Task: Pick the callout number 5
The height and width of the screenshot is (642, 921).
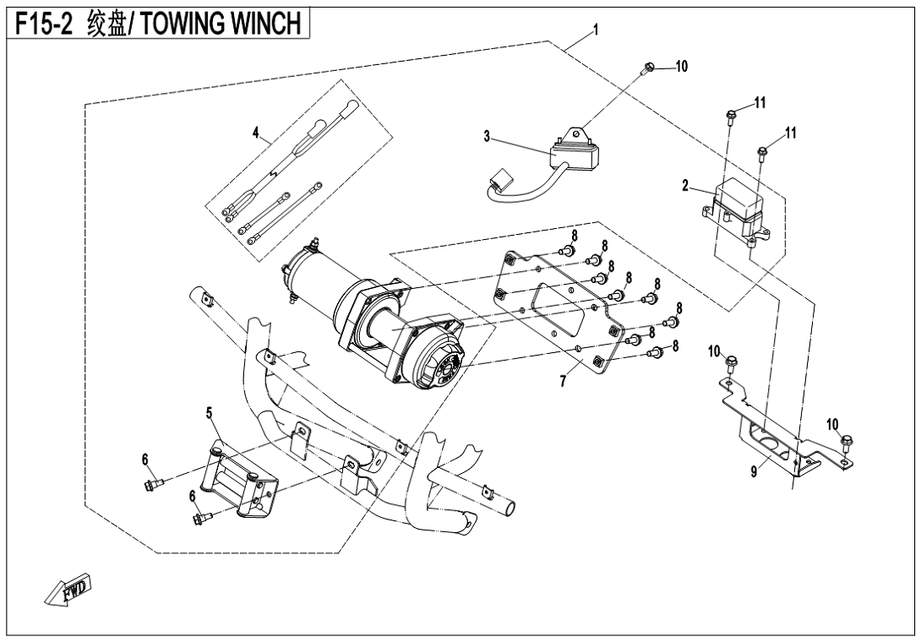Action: click(x=208, y=414)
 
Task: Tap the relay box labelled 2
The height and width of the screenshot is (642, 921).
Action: click(x=738, y=208)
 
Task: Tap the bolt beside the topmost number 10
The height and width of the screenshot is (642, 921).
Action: click(x=649, y=67)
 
